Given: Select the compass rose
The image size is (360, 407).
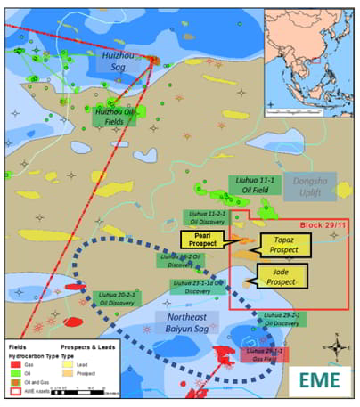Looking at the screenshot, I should (337, 344).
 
